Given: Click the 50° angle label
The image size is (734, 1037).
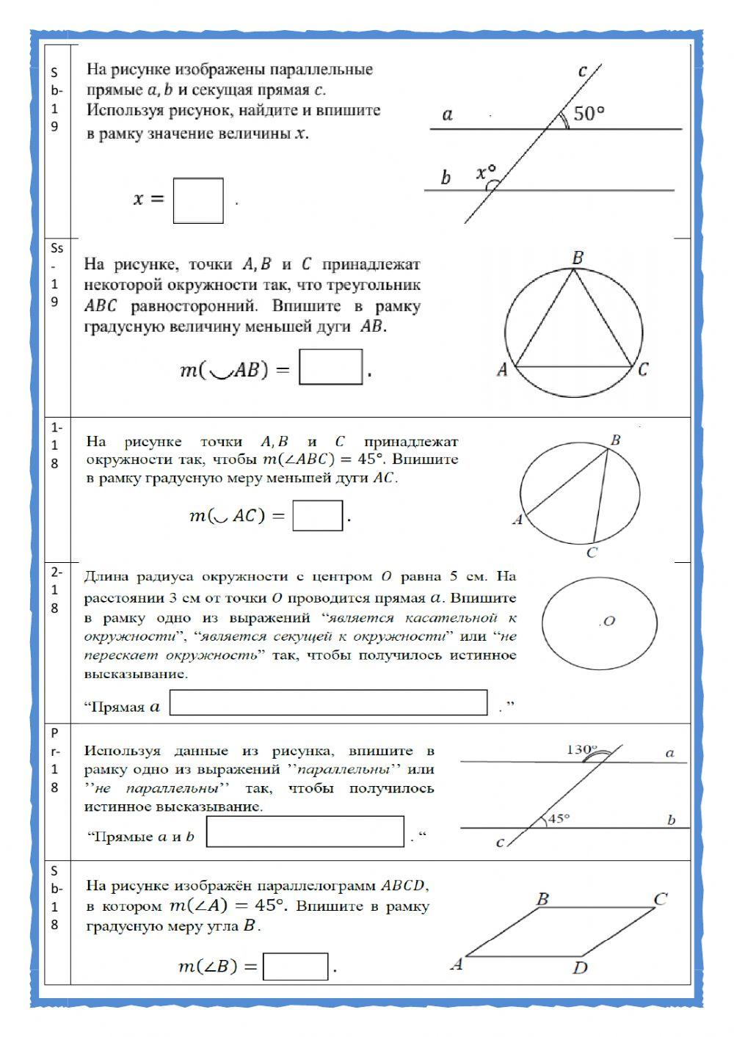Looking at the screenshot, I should (589, 114).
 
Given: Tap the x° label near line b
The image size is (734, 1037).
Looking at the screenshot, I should (486, 172).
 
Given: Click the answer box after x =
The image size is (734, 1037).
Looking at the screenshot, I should (198, 200).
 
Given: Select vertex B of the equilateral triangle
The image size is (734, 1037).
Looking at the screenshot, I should (577, 258).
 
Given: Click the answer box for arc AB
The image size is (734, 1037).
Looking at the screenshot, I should (331, 367).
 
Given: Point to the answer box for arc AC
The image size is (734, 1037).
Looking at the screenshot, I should (318, 515).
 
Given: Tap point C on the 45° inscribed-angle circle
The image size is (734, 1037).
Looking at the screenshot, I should (592, 552).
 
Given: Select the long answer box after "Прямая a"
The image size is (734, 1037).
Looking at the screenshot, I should (328, 702).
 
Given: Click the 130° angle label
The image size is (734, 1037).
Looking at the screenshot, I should (581, 749).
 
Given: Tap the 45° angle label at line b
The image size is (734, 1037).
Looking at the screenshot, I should (559, 818).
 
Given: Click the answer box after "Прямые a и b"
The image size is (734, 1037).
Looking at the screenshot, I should (305, 832).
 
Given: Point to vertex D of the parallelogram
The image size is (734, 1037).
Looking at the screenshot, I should (580, 967).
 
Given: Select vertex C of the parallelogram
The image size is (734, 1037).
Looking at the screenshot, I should (660, 899).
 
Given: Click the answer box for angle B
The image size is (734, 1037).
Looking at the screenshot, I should (295, 967).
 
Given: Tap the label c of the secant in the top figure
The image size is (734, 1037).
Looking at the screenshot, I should (582, 71).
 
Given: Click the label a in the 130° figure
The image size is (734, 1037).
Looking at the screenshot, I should (669, 752).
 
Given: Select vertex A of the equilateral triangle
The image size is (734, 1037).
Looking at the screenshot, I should (502, 369).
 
